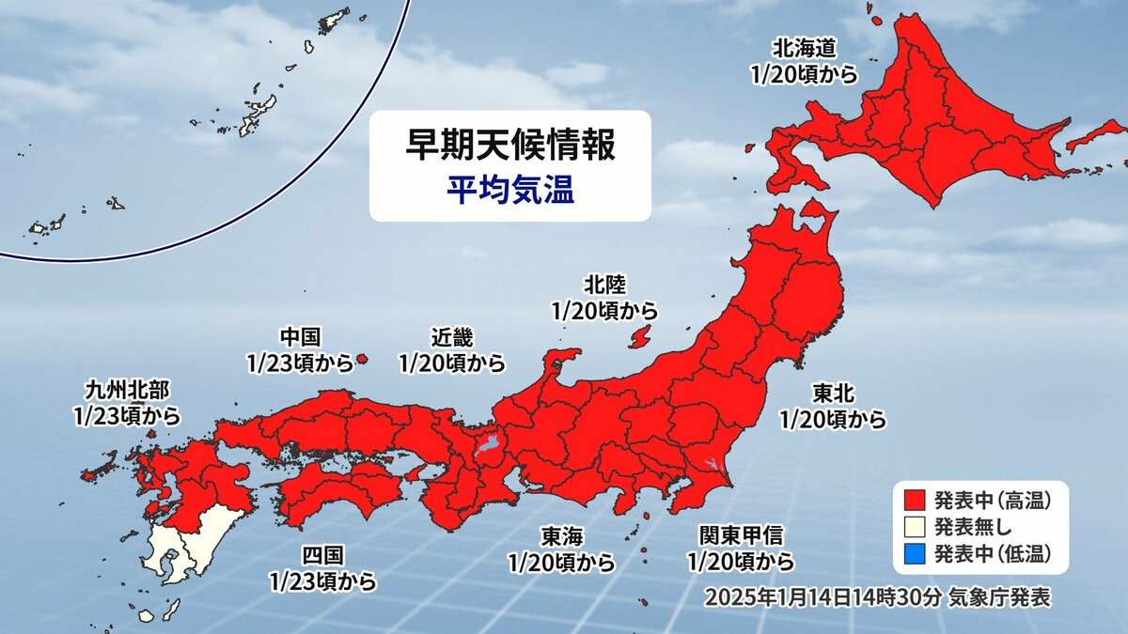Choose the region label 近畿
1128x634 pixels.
tap(451, 336)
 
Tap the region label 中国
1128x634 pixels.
tap(302, 336)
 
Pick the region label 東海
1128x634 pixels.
tap(561, 536)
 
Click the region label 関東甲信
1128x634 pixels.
tap(741, 536)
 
